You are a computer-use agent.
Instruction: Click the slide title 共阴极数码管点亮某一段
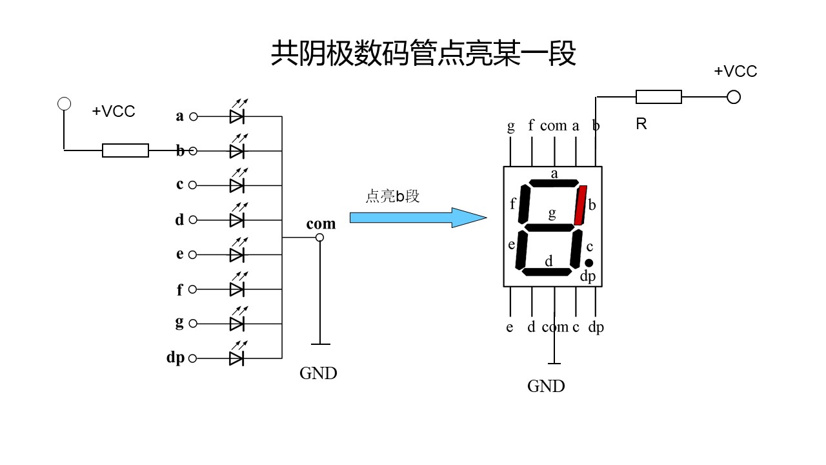[x=423, y=54]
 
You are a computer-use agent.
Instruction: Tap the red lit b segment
[x=580, y=205]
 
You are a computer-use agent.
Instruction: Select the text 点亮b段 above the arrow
[x=392, y=196]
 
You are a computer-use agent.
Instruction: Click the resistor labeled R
[x=658, y=97]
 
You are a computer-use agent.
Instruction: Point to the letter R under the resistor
[x=641, y=124]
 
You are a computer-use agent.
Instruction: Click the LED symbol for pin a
[x=237, y=116]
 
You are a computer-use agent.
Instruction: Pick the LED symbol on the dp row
[x=237, y=358]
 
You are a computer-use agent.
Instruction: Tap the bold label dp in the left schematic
[x=175, y=357]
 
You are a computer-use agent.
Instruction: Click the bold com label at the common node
[x=321, y=223]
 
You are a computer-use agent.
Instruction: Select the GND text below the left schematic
[x=318, y=373]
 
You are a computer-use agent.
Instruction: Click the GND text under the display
[x=546, y=386]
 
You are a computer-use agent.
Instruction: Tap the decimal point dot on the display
[x=589, y=263]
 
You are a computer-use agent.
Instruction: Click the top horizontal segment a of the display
[x=554, y=183]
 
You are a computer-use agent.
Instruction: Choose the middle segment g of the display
[x=550, y=227]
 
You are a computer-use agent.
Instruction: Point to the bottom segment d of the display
[x=547, y=271]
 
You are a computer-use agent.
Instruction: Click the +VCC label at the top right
[x=735, y=72]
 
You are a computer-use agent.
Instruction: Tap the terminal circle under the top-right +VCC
[x=733, y=97]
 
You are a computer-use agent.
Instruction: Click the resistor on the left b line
[x=125, y=150]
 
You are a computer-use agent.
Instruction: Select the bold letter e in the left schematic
[x=179, y=254]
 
